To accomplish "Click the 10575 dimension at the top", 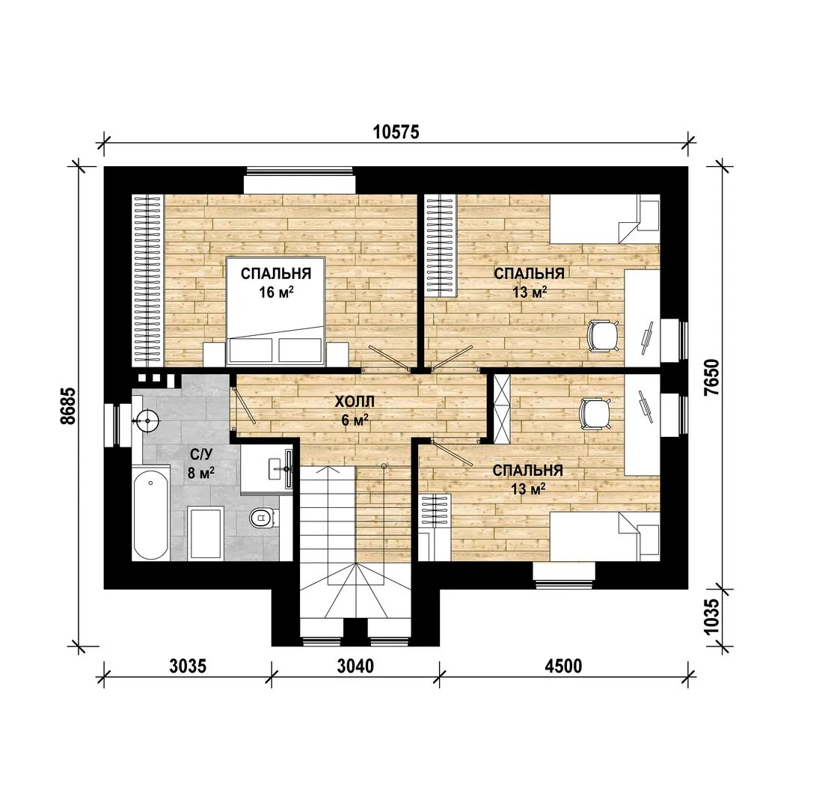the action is [396, 132].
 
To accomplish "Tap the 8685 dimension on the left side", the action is [68, 405].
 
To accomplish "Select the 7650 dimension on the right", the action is [711, 376].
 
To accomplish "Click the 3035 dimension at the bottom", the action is [187, 665].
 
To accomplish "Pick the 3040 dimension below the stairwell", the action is [355, 665].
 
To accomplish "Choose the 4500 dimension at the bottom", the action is [563, 665].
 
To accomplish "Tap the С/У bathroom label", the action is [201, 453].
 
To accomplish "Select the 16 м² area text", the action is [277, 292].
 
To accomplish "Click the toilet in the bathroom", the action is [263, 516].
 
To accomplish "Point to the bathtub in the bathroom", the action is [151, 513].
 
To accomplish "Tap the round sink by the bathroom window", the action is [147, 420].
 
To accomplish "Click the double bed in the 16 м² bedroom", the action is [276, 312].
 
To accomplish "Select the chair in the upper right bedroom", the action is [603, 336].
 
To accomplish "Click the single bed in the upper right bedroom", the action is [605, 218].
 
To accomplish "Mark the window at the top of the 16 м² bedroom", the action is [300, 180].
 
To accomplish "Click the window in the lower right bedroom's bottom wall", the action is [564, 576].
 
